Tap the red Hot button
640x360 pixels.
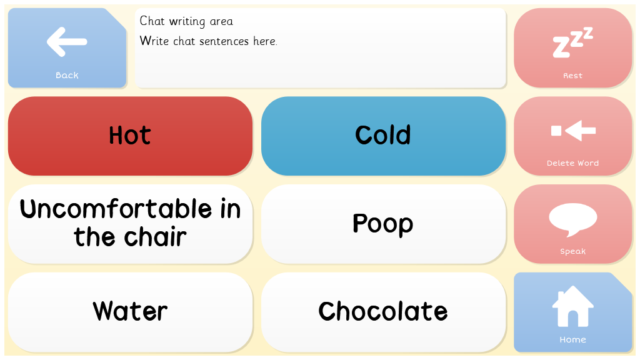[130, 136]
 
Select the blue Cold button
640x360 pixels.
[383, 136]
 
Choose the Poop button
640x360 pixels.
[383, 224]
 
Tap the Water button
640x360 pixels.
[130, 312]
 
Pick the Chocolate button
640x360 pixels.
[383, 312]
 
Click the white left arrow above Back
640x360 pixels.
[67, 42]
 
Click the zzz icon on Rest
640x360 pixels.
[572, 42]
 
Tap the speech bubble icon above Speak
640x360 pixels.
[572, 220]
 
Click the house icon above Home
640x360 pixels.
[572, 306]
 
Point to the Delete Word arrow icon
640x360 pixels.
[573, 131]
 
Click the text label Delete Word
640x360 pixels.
[572, 163]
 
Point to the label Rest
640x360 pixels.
[572, 76]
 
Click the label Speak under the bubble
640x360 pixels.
[572, 251]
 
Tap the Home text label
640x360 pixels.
[572, 339]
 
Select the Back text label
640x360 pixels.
[67, 75]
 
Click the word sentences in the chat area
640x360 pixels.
[224, 41]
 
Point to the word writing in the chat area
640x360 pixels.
[187, 22]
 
